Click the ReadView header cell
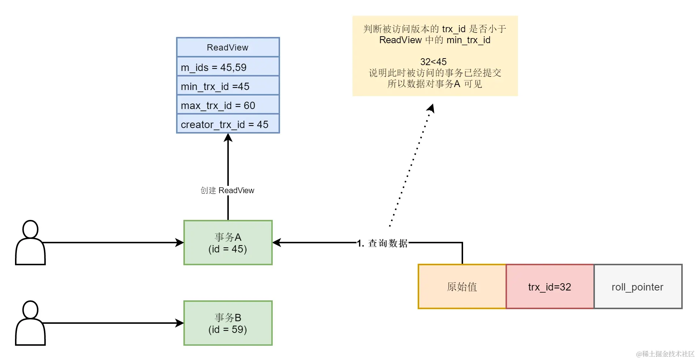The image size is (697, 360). (x=228, y=47)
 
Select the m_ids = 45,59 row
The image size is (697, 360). (x=228, y=67)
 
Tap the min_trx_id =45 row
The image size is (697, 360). (x=228, y=86)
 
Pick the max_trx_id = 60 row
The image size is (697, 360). (x=228, y=105)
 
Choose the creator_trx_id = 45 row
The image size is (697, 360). (x=228, y=124)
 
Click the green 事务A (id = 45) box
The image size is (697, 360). (x=228, y=243)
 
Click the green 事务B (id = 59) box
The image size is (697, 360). (x=228, y=323)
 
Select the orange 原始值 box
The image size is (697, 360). (x=462, y=286)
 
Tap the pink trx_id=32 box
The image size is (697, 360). (x=549, y=286)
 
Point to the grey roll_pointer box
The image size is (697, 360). (x=637, y=286)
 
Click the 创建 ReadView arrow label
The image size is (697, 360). (x=227, y=190)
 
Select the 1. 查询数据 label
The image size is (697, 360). (x=383, y=243)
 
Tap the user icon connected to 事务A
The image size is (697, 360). (x=30, y=243)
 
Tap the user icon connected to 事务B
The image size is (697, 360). (x=30, y=323)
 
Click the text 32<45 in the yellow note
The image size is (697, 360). (x=433, y=61)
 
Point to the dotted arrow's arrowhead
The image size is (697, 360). (x=431, y=108)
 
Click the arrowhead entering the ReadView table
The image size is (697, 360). (x=228, y=138)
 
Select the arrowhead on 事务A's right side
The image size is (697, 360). (x=277, y=243)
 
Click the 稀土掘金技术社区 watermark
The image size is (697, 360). (x=665, y=354)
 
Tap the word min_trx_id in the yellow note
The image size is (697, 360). (x=468, y=40)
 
